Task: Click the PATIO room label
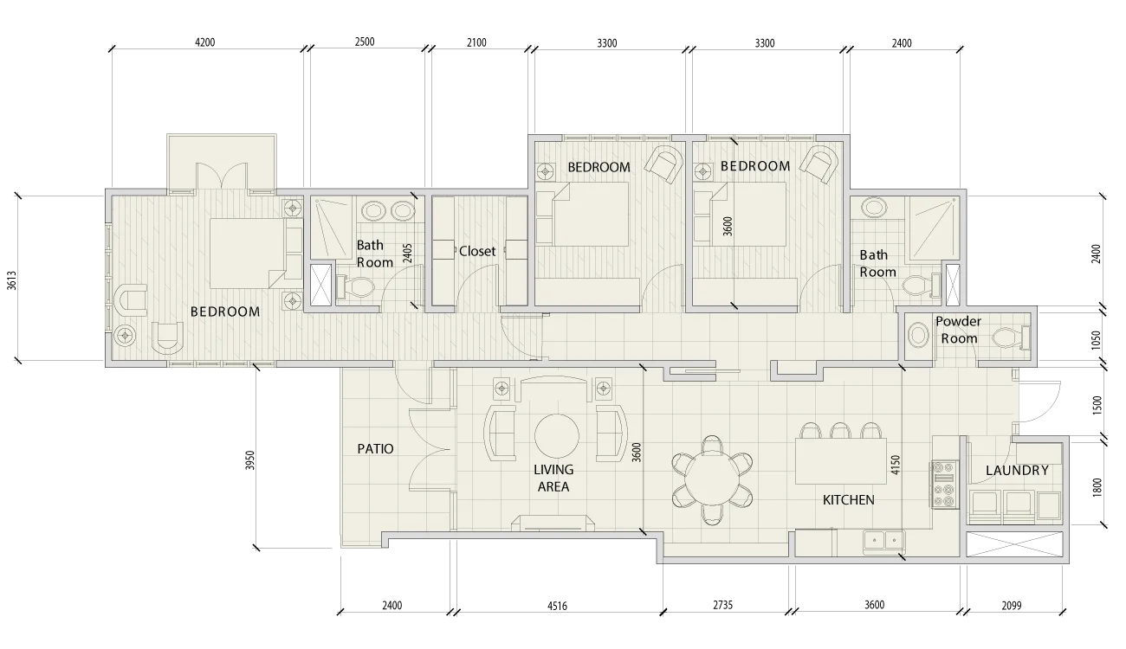point(375,448)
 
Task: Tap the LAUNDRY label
point(1017,470)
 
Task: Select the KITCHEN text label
point(849,500)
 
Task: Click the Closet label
point(477,251)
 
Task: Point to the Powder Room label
point(959,330)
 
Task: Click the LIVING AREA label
point(553,478)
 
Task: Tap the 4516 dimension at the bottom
point(557,607)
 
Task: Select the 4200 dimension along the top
point(204,42)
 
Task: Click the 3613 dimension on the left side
point(11,280)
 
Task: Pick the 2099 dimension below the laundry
point(1012,606)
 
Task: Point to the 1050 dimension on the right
point(1097,340)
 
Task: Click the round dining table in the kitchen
point(712,479)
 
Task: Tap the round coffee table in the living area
point(556,436)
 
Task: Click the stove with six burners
point(943,485)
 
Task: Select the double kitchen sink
point(883,540)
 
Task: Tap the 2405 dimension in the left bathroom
point(408,254)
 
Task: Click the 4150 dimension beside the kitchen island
point(896,466)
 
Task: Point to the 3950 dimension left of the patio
point(249,460)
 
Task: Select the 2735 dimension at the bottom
point(723,605)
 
